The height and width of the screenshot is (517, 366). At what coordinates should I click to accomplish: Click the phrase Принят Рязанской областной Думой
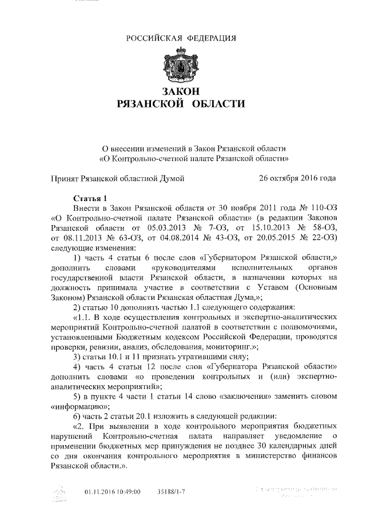tap(117, 178)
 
